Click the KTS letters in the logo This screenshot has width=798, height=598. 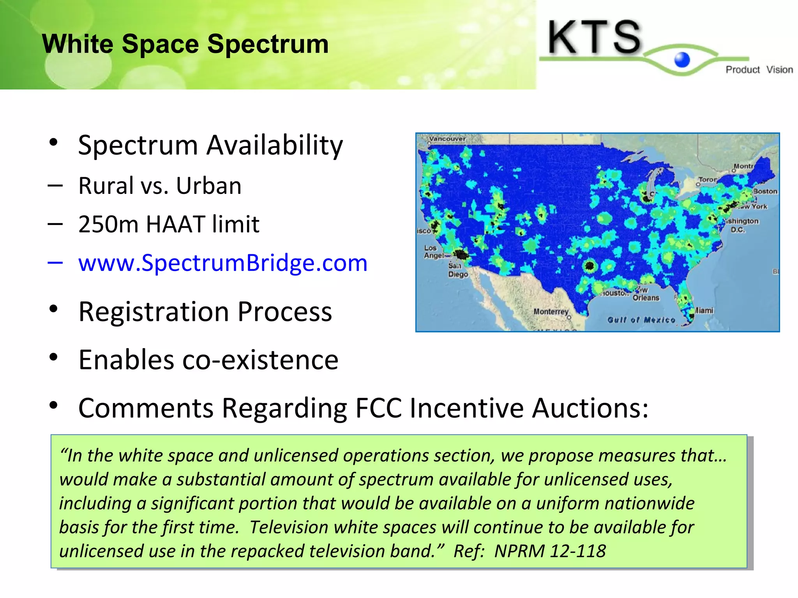click(594, 37)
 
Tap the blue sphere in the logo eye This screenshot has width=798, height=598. click(682, 60)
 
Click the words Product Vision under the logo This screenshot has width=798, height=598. click(759, 70)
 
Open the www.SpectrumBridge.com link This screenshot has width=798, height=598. click(222, 263)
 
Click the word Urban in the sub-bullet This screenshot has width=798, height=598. click(208, 186)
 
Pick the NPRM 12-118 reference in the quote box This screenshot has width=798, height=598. click(550, 551)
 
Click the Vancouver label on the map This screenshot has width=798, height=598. click(447, 139)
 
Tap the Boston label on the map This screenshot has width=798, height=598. click(765, 191)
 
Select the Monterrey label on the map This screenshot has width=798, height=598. click(551, 311)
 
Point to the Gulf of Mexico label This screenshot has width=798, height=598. click(641, 320)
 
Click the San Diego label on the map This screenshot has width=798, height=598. click(457, 270)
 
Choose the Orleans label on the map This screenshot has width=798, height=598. click(646, 298)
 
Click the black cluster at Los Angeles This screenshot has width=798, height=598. click(461, 255)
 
